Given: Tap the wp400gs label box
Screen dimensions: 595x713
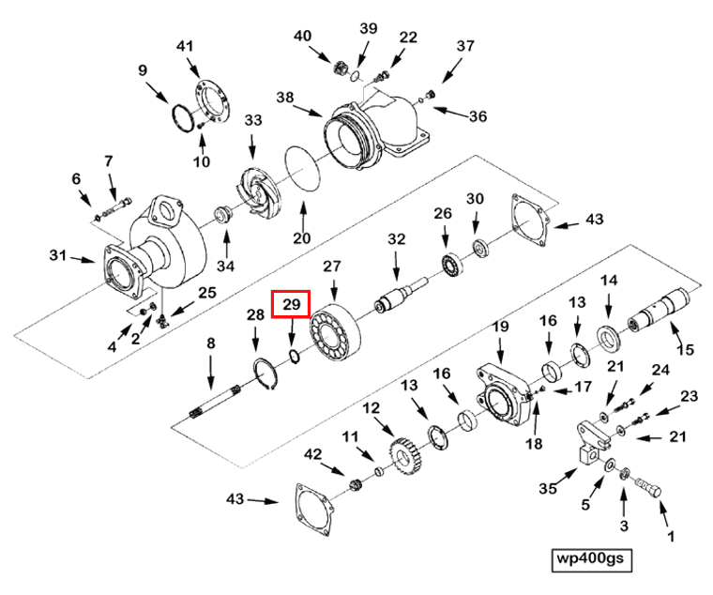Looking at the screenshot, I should point(591,559).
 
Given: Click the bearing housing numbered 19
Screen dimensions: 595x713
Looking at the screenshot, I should point(504,394).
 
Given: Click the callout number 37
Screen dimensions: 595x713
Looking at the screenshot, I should point(466,46).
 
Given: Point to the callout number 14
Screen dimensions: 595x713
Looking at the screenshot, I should point(609,281).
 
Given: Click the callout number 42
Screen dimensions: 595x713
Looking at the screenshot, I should point(312,455).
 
